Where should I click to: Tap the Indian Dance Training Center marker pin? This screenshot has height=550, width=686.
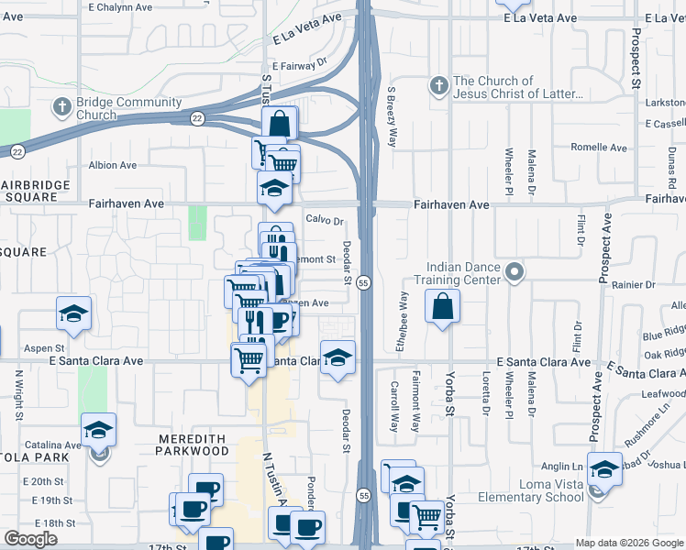[x=514, y=271]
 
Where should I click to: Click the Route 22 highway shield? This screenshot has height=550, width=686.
[x=197, y=117]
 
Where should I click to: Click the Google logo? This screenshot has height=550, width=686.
[x=30, y=539]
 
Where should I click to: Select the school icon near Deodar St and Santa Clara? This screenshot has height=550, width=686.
[x=337, y=357]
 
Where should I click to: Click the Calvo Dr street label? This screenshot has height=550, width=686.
[x=324, y=221]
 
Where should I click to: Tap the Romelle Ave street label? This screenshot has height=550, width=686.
[x=599, y=147]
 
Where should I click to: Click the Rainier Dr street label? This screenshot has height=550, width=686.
[x=636, y=285]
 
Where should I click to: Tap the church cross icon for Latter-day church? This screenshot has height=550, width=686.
[x=438, y=87]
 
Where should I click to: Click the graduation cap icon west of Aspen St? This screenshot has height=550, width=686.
[x=73, y=313]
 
